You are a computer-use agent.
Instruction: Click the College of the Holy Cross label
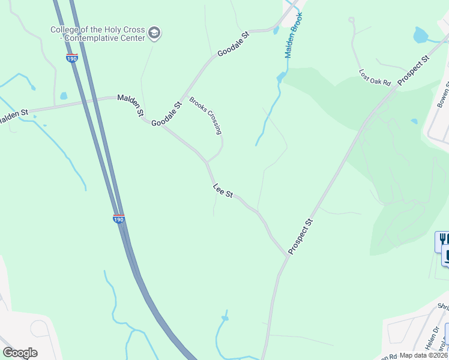tap(97, 34)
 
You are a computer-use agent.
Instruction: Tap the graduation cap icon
tap(154, 34)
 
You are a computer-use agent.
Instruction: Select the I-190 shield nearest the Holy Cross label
tap(71, 58)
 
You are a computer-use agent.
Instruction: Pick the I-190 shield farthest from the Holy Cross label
tap(119, 219)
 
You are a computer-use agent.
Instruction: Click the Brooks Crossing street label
tap(206, 115)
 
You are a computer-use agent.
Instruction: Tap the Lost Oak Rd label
tap(375, 77)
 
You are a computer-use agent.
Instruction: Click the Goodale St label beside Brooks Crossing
tap(166, 114)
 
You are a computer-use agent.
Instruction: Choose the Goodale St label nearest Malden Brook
tap(233, 43)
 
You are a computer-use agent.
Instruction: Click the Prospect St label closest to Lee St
tap(301, 236)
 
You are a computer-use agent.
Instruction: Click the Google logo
tap(20, 352)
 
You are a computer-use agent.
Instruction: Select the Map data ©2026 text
tap(424, 355)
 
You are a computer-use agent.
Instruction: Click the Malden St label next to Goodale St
tap(131, 104)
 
